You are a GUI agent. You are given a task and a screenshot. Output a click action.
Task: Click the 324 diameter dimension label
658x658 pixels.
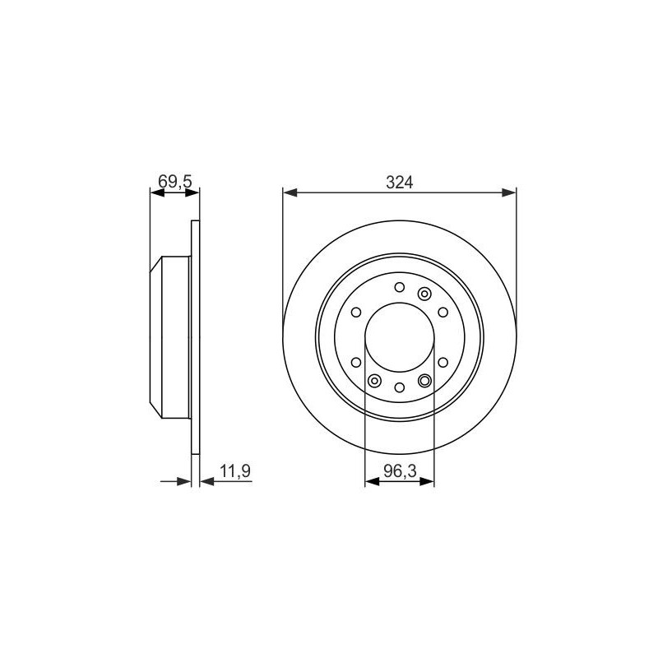pos(400,183)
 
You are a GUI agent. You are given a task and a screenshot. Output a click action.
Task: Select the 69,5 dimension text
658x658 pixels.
pos(175,182)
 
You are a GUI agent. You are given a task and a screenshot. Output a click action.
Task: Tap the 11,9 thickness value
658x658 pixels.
pos(235,470)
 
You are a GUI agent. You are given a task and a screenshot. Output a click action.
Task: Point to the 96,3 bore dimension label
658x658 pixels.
pos(400,471)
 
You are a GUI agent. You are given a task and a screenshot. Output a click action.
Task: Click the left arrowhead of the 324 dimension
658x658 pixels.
pos(290,192)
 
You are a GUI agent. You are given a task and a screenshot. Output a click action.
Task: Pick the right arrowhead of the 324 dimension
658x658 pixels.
pos(509,192)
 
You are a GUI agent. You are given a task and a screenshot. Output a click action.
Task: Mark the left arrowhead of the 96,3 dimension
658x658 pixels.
pos(373,481)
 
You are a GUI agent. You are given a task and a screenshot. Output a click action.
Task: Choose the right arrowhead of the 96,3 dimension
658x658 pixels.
pos(427,481)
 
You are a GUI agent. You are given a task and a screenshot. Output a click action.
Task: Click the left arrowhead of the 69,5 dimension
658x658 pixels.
pos(157,192)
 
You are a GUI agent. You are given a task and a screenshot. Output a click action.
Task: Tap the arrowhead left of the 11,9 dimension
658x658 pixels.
pos(184,481)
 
